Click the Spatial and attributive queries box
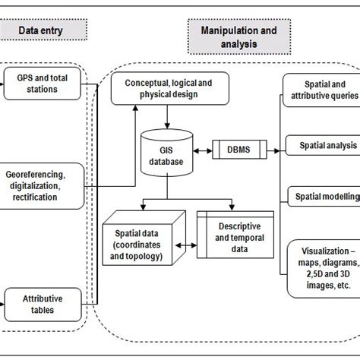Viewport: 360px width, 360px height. click(x=321, y=90)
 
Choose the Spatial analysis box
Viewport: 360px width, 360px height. click(x=321, y=144)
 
